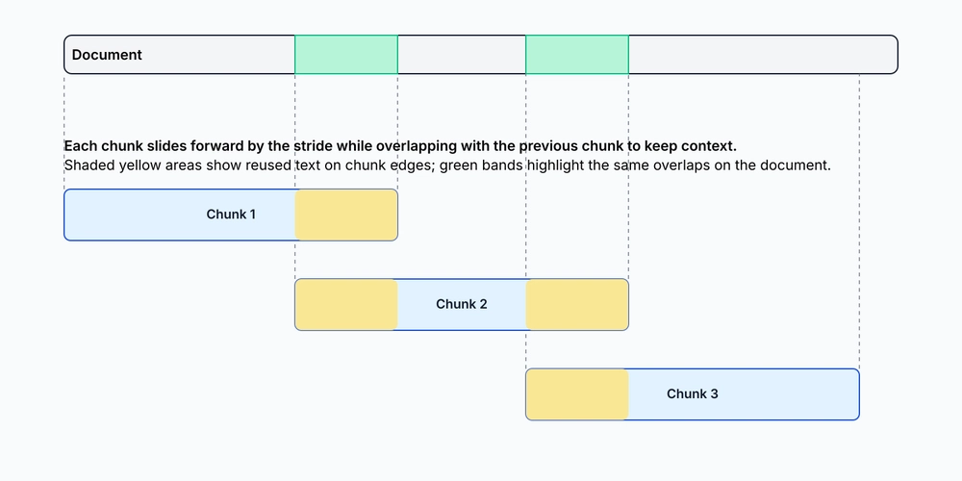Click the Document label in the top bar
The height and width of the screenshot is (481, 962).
pyautogui.click(x=107, y=55)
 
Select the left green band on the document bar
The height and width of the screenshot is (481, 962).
pyautogui.click(x=346, y=55)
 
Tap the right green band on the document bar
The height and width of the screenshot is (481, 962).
pyautogui.click(x=576, y=55)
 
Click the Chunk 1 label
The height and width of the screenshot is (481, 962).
pyautogui.click(x=231, y=215)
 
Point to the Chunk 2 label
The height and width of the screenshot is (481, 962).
pyautogui.click(x=462, y=304)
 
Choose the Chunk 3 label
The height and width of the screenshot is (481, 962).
pyautogui.click(x=692, y=393)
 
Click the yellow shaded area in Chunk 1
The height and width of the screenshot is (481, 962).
pyautogui.click(x=346, y=215)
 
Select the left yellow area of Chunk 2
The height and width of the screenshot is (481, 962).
pyautogui.click(x=346, y=304)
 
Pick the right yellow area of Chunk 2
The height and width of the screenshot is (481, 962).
pyautogui.click(x=576, y=304)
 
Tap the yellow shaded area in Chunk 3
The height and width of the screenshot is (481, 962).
pyautogui.click(x=576, y=393)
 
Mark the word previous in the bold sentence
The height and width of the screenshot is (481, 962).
pyautogui.click(x=548, y=146)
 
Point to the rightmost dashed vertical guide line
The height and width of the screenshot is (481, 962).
pyautogui.click(x=859, y=221)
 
